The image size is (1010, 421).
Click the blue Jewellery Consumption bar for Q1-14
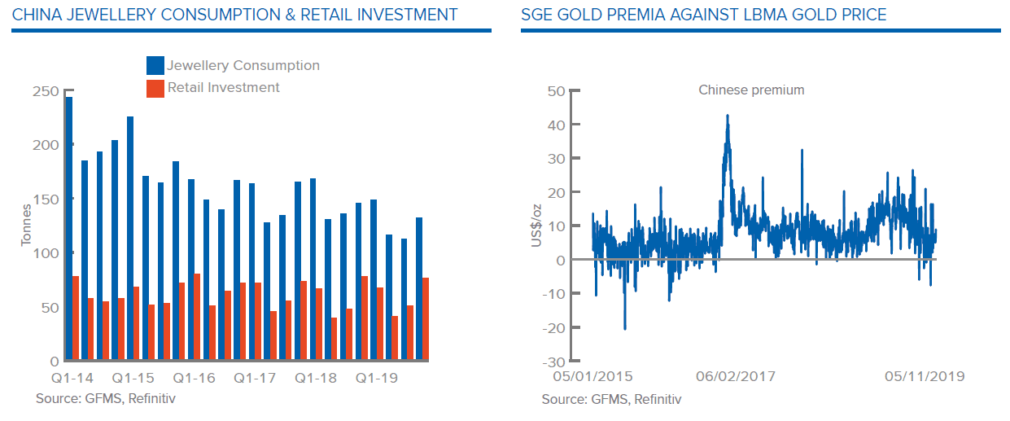point(69,228)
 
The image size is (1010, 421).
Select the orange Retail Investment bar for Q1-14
point(76,318)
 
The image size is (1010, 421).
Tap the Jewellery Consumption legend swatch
point(155,66)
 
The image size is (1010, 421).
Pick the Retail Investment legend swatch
point(155,88)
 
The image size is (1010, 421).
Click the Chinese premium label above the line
point(751,90)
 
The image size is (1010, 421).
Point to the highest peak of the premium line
point(727,116)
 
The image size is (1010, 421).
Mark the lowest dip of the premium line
point(625,328)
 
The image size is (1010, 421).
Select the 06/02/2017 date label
point(736,376)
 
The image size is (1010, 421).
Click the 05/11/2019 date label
point(925,376)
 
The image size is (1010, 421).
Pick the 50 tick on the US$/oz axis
point(557,90)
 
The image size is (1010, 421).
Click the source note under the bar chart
point(105,399)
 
